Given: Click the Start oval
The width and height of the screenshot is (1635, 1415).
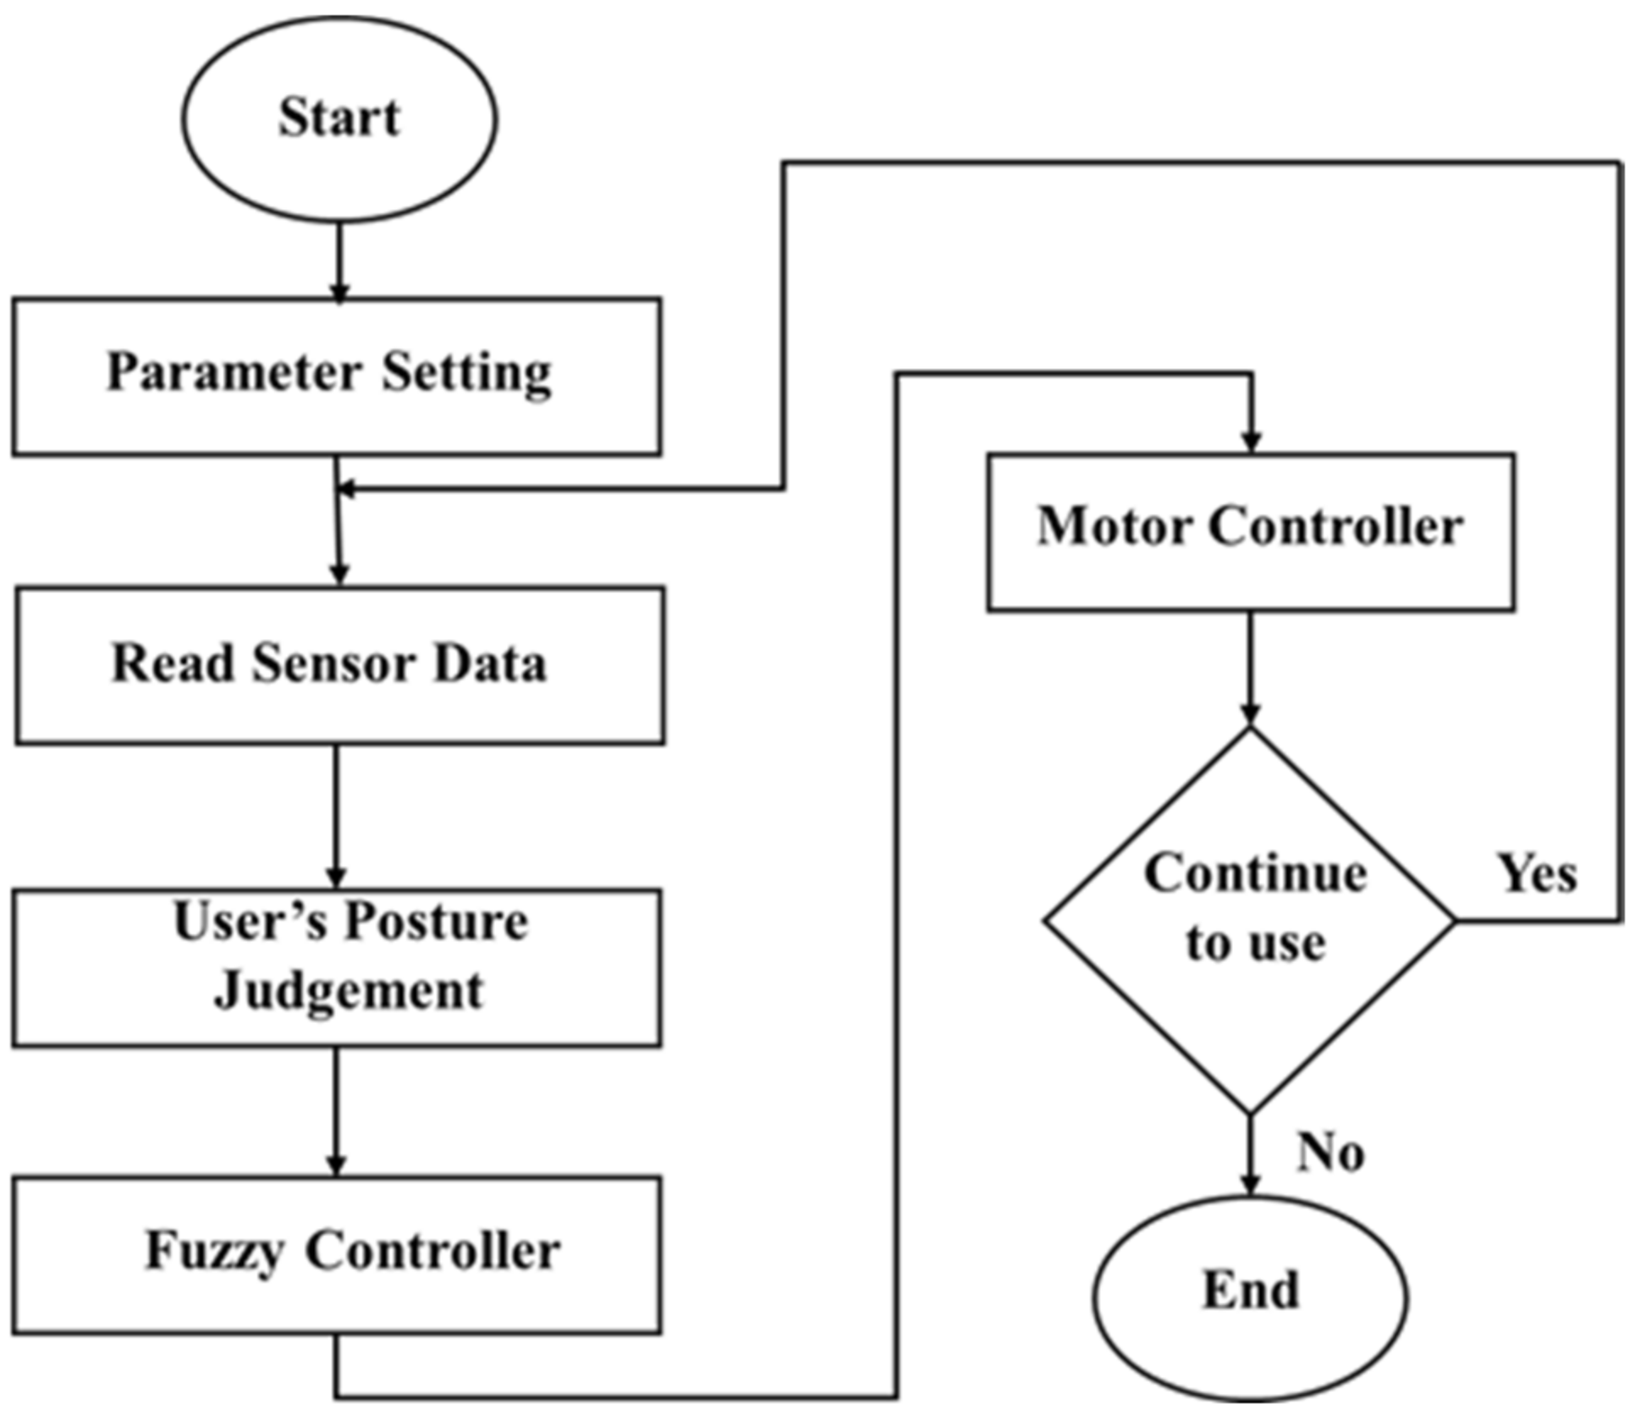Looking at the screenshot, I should [x=339, y=119].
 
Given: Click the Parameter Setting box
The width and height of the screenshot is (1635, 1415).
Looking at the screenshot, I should [x=337, y=377].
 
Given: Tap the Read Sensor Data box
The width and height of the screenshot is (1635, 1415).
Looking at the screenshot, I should [x=339, y=666].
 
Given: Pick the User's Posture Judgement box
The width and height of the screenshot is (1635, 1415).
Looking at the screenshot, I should [x=337, y=968].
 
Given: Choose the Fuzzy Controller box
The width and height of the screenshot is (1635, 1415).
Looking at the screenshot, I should [x=337, y=1255].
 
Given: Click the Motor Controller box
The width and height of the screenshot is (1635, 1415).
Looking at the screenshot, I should [x=1251, y=532].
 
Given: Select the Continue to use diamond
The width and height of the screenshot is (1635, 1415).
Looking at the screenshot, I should [x=1251, y=921].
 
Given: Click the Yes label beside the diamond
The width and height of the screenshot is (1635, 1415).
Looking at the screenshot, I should [x=1538, y=873].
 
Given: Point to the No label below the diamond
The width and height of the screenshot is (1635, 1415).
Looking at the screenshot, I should [x=1331, y=1153].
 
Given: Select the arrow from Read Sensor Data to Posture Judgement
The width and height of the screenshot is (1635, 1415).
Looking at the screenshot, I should [x=336, y=817].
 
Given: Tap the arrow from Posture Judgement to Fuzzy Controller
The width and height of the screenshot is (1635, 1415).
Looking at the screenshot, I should [x=336, y=1111].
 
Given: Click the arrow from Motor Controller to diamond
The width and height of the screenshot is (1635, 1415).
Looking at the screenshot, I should [x=1251, y=669].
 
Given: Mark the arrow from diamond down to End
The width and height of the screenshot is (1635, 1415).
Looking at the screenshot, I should [x=1251, y=1155].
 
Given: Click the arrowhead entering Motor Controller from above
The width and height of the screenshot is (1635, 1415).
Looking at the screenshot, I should [x=1251, y=442].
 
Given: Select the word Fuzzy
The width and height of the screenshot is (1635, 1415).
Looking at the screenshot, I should [x=214, y=1251].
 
